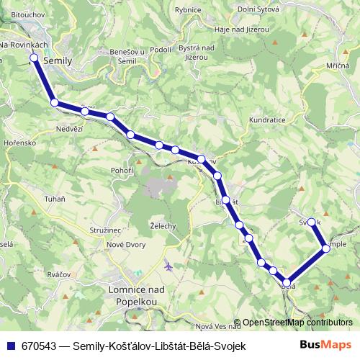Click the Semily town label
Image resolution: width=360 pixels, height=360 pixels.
58,62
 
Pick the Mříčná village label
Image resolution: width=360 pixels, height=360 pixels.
336,66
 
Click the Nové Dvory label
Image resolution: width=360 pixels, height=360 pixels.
127,245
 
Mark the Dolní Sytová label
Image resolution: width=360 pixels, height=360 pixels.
258,10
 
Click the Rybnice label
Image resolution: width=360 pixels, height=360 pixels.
188,10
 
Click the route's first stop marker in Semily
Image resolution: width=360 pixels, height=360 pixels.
33,59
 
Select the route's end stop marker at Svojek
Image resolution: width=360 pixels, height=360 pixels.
312,222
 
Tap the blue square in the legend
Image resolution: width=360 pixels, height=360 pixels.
11,346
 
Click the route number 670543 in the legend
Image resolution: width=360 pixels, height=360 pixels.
41,346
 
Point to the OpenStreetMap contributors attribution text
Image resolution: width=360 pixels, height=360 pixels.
293,323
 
